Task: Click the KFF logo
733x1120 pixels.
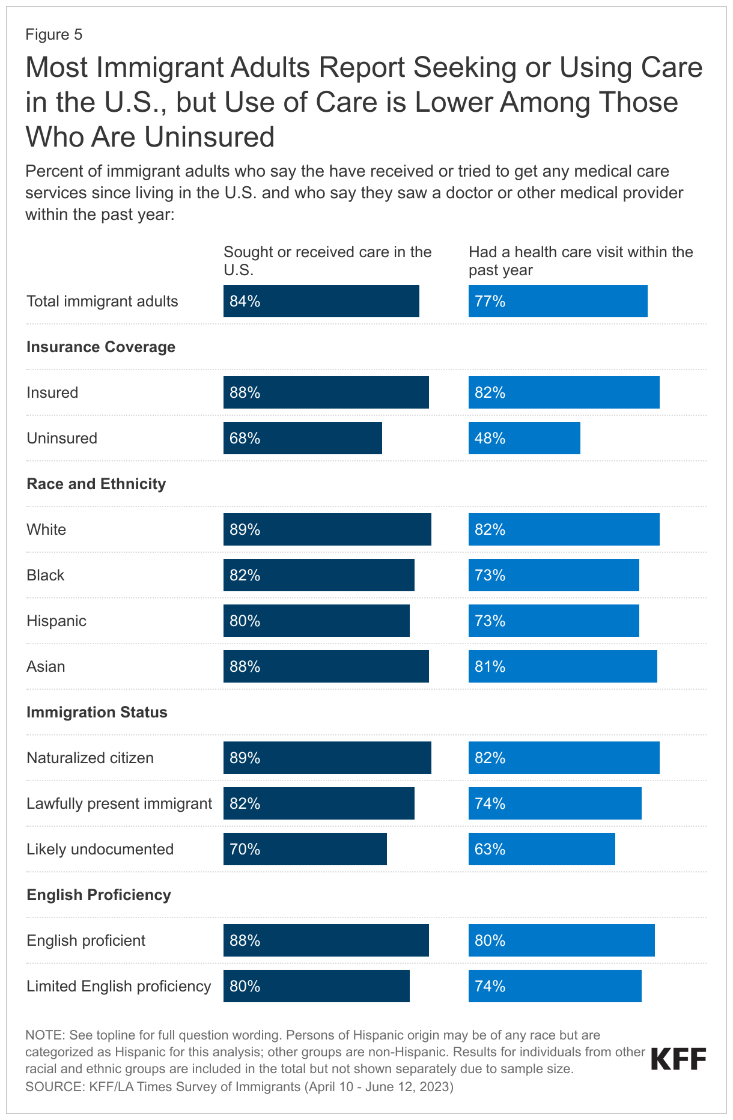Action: [x=678, y=1059]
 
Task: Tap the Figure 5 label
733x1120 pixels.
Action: [x=54, y=35]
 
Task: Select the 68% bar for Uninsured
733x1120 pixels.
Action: [x=302, y=438]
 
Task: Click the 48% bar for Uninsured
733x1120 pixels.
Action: [x=524, y=438]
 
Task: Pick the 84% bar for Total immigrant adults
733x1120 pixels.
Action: [x=321, y=301]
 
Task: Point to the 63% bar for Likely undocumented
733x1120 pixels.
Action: [x=541, y=849]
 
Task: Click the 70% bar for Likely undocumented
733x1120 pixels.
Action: [x=305, y=849]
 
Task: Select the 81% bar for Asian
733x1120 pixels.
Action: [x=562, y=666]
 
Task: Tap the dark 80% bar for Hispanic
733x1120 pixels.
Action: [x=316, y=621]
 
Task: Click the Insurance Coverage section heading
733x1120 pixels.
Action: [x=101, y=347]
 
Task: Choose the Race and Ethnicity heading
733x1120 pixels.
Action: [x=96, y=484]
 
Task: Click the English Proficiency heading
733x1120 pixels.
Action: [x=99, y=895]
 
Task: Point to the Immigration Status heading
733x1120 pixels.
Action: [x=97, y=712]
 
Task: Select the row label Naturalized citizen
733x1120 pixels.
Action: [x=90, y=758]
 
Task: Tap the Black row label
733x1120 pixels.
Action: [x=46, y=575]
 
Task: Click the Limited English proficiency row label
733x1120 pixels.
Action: [x=119, y=986]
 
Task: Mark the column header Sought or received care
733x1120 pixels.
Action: [x=327, y=260]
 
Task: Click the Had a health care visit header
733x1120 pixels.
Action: [x=580, y=260]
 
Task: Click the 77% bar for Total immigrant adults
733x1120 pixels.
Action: [x=558, y=301]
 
